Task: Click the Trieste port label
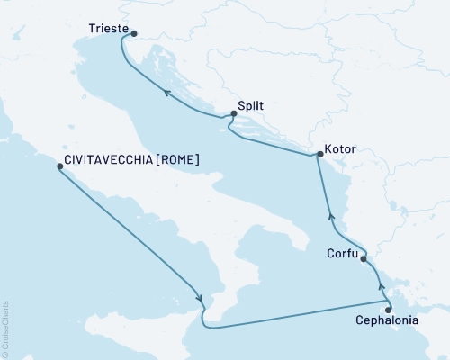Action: [x=110, y=28]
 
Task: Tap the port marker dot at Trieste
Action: [x=134, y=35]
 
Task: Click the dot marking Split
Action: [x=234, y=114]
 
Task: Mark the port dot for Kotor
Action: [x=319, y=155]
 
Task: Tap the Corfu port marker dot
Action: [x=364, y=259]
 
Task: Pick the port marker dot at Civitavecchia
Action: [x=59, y=167]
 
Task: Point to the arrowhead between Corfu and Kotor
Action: [x=331, y=216]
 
